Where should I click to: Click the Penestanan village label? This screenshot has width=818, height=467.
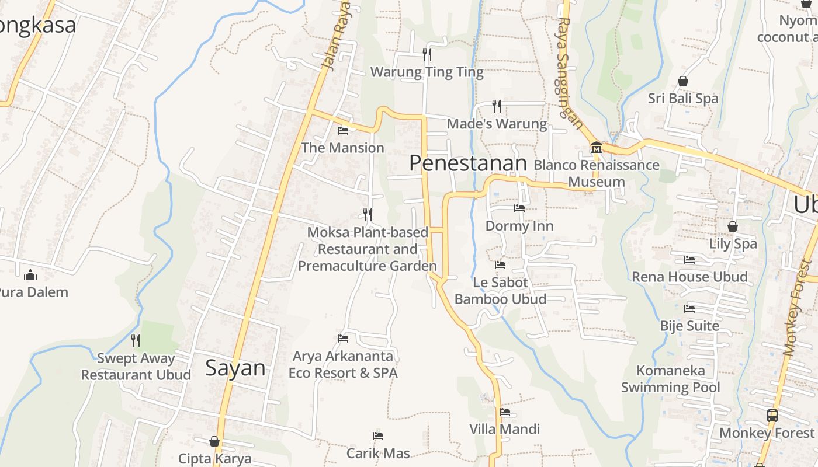(x=467, y=163)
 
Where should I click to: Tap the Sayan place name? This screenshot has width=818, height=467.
(x=235, y=368)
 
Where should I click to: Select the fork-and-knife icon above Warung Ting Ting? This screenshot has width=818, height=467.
(x=427, y=55)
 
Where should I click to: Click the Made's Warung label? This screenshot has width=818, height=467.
(x=497, y=124)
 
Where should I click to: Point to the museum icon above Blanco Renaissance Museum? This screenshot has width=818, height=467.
(x=596, y=147)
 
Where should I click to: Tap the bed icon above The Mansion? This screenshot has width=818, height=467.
(x=343, y=130)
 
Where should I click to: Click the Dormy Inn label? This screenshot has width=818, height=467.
(x=519, y=226)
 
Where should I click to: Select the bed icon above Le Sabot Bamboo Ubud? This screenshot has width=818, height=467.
(x=500, y=264)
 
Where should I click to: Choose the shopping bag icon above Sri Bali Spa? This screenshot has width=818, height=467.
(x=682, y=81)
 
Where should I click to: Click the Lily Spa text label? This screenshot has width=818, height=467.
(x=733, y=243)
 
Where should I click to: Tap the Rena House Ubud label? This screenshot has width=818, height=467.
(x=689, y=277)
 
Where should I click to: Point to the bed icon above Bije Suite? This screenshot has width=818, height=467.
(x=689, y=308)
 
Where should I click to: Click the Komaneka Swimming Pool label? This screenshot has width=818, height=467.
(x=670, y=379)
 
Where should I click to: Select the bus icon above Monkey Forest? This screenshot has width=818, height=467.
(x=772, y=416)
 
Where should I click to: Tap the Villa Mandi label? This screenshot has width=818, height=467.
(x=505, y=429)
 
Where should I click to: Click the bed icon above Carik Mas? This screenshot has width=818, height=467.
(x=378, y=435)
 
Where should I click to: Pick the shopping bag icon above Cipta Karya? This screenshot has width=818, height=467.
(x=214, y=441)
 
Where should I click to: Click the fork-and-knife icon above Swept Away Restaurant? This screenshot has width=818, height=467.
(x=136, y=340)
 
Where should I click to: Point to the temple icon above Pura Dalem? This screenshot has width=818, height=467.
(x=30, y=274)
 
